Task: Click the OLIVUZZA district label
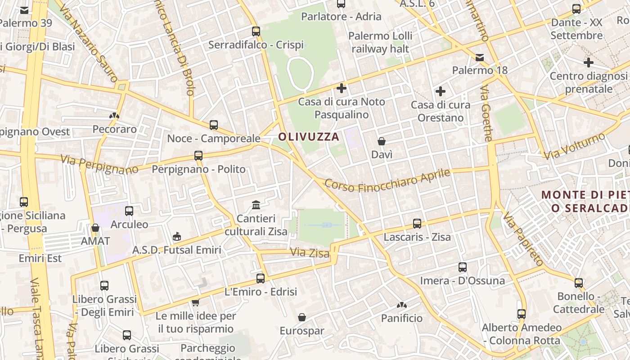pos(309,137)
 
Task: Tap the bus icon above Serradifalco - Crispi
pos(256,31)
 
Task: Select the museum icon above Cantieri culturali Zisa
pos(256,205)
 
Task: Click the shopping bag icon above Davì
pos(382,141)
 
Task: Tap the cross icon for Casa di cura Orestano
pos(440,92)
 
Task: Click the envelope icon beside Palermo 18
pos(480,58)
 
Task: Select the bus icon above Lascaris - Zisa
pos(417,223)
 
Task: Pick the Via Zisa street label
pos(310,253)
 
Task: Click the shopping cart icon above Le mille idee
pos(195,302)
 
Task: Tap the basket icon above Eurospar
pos(302,317)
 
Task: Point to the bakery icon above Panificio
pos(402,305)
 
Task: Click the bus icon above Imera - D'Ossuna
pos(462,267)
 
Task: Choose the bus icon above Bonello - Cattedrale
pos(579,283)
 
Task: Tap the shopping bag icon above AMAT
pos(95,228)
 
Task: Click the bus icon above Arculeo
pos(129,211)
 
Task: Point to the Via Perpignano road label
pos(99,165)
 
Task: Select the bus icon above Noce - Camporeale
pos(214,125)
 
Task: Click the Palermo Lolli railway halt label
pos(380,42)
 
